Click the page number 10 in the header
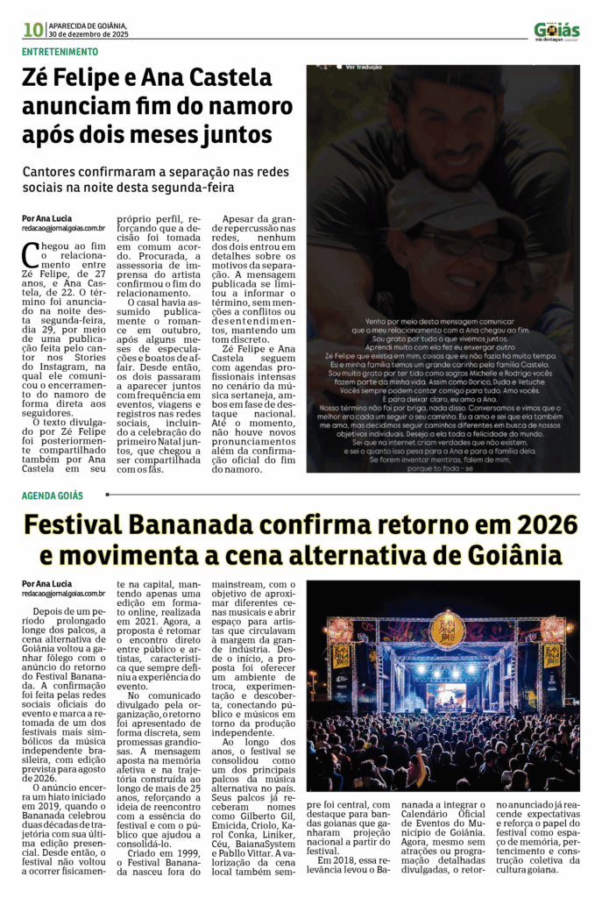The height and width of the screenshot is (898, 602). point(33,30)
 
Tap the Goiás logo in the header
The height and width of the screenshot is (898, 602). point(556,30)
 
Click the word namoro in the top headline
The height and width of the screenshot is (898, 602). point(250,107)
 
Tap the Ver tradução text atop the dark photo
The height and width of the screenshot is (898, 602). point(364,67)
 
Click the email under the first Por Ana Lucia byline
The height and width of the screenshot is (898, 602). point(63,228)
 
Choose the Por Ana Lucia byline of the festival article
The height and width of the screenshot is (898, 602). point(47,583)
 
